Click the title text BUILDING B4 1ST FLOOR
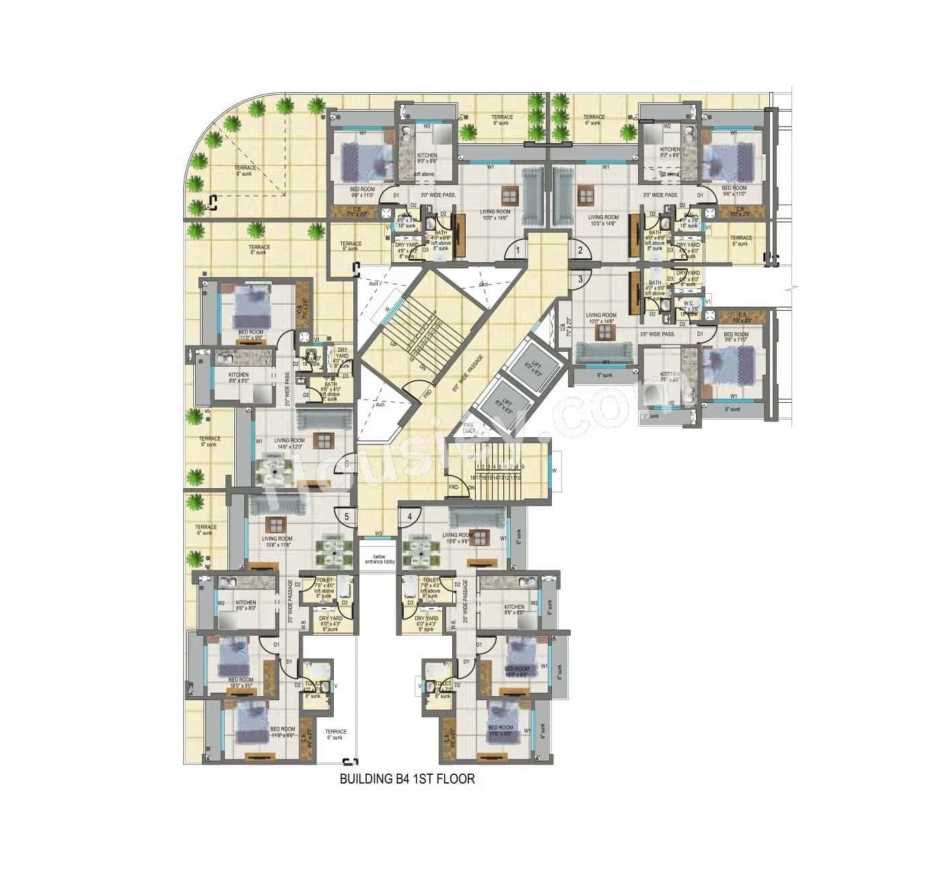click(407, 779)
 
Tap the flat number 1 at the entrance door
click(517, 250)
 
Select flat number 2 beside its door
click(579, 250)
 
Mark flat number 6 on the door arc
click(347, 463)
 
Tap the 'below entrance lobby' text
click(380, 559)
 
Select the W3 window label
click(378, 534)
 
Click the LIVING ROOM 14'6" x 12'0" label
click(289, 443)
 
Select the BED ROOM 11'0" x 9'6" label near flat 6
click(251, 334)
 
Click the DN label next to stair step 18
click(472, 488)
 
